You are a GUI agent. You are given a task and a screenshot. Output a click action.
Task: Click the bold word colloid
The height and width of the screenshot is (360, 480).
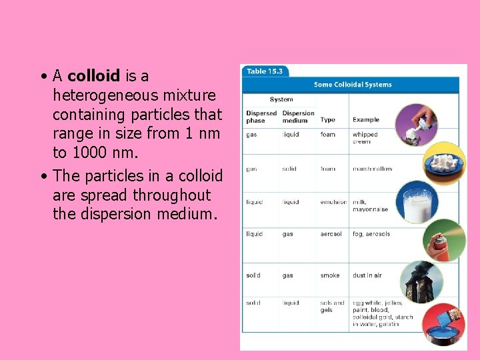(x=93, y=76)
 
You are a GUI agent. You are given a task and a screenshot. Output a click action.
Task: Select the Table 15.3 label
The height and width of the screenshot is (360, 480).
(x=265, y=71)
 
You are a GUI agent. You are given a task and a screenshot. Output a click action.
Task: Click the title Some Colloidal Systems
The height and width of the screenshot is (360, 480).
(x=353, y=85)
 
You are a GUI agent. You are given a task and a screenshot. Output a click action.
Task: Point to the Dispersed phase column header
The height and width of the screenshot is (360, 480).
(x=261, y=117)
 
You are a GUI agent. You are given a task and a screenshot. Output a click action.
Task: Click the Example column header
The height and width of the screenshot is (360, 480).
(x=366, y=120)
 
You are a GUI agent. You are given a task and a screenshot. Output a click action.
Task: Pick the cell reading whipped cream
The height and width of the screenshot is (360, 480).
(x=365, y=138)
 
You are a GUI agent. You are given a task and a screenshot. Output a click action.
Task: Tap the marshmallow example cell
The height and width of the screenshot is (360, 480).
(x=372, y=169)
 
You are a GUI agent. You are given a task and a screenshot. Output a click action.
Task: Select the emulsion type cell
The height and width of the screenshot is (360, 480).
(x=333, y=202)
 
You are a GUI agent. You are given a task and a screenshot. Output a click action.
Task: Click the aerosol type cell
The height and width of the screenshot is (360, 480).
(x=331, y=234)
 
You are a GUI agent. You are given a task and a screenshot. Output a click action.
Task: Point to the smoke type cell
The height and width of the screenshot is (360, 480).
(x=329, y=275)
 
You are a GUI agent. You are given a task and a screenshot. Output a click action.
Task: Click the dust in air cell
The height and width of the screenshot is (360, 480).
(x=367, y=275)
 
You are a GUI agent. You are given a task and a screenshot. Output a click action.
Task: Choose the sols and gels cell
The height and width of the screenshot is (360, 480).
(x=332, y=306)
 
